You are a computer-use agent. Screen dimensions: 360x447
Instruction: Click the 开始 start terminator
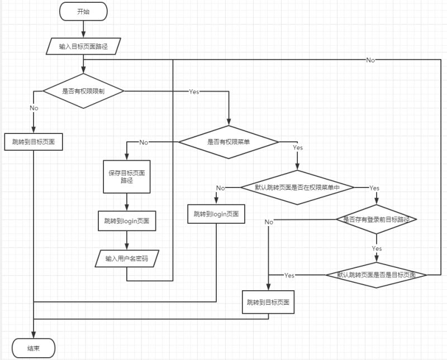pyautogui.click(x=83, y=12)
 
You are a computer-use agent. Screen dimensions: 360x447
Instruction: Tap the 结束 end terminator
pyautogui.click(x=34, y=349)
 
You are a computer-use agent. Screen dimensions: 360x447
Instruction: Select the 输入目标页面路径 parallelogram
pyautogui.click(x=83, y=46)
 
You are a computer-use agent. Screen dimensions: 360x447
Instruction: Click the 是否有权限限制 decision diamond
pyautogui.click(x=83, y=91)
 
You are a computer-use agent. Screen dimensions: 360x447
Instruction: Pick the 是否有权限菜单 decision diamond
pyautogui.click(x=229, y=142)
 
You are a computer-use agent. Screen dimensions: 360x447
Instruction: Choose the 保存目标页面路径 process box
pyautogui.click(x=127, y=177)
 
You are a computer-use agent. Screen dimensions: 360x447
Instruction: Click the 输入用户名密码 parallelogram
pyautogui.click(x=127, y=258)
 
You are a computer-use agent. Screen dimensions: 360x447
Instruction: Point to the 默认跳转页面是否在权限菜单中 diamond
pyautogui.click(x=297, y=188)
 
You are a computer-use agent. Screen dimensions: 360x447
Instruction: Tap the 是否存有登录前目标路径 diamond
pyautogui.click(x=377, y=219)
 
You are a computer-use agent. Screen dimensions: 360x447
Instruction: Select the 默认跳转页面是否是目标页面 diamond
pyautogui.click(x=376, y=275)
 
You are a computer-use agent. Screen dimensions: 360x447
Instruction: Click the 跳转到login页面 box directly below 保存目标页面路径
pyautogui.click(x=127, y=221)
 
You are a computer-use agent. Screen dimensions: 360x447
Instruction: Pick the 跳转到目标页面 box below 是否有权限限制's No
pyautogui.click(x=34, y=142)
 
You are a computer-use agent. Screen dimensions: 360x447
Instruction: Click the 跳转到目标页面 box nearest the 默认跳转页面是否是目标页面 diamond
pyautogui.click(x=268, y=302)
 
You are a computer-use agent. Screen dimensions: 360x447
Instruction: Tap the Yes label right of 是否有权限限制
pyautogui.click(x=194, y=91)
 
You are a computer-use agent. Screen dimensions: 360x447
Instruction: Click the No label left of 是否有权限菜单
pyautogui.click(x=144, y=142)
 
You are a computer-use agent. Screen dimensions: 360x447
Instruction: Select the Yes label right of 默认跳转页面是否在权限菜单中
pyautogui.click(x=374, y=188)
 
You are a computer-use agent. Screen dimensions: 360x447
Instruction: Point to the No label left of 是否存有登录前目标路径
pyautogui.click(x=269, y=222)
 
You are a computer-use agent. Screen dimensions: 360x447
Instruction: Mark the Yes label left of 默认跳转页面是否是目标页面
pyautogui.click(x=289, y=275)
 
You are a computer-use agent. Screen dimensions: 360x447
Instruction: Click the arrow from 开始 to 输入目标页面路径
pyautogui.click(x=83, y=28)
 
